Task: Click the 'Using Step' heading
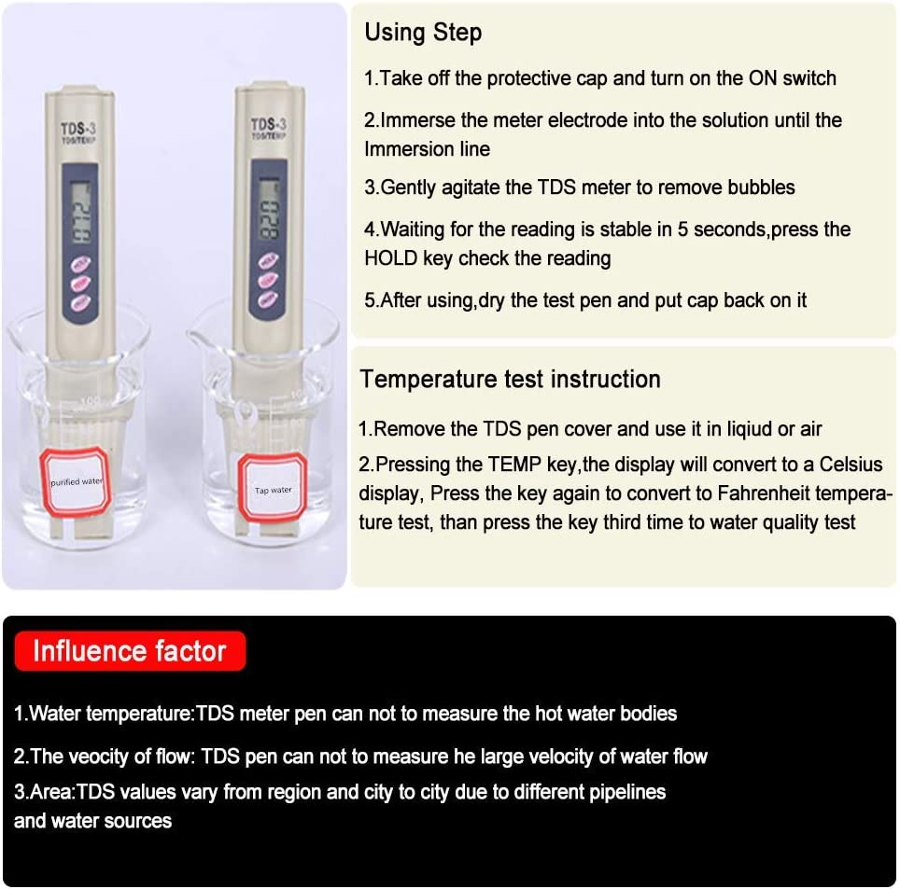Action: click(423, 32)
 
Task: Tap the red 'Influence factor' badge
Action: click(131, 651)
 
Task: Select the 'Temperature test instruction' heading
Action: click(511, 379)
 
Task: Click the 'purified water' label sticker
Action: click(76, 481)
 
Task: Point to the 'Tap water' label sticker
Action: click(273, 489)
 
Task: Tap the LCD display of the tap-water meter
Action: click(269, 211)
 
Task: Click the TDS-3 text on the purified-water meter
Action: click(78, 129)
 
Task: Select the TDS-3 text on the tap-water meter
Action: click(269, 124)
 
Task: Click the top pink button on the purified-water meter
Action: click(81, 264)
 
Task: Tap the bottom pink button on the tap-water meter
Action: click(268, 299)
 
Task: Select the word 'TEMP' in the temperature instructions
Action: click(515, 464)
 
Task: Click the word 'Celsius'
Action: click(851, 464)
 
